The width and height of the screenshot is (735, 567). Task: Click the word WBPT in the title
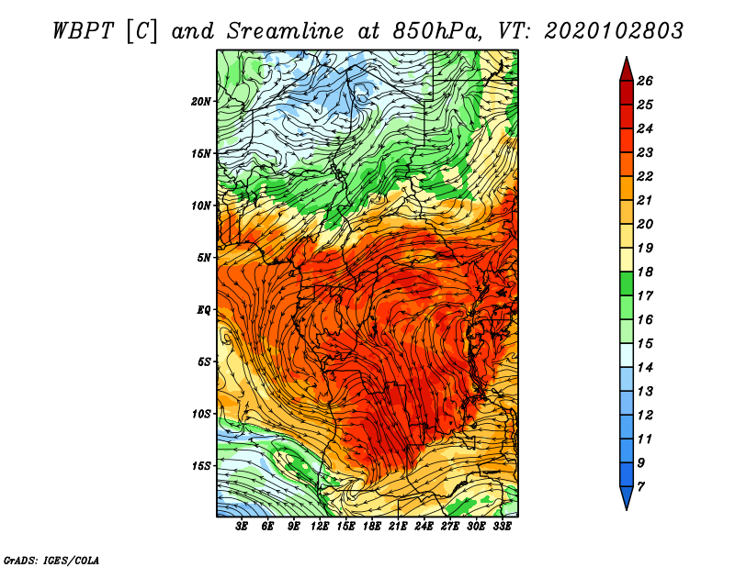click(83, 31)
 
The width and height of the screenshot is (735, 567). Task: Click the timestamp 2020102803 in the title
click(614, 31)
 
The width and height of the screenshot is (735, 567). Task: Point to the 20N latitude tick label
click(201, 102)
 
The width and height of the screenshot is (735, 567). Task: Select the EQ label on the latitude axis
click(203, 310)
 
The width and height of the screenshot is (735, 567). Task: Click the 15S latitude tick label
click(201, 466)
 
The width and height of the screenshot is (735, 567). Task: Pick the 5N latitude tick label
click(204, 258)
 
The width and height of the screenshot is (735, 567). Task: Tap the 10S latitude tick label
click(201, 415)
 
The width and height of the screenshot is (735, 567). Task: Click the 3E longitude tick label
click(242, 527)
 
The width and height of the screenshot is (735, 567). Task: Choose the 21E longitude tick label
click(398, 527)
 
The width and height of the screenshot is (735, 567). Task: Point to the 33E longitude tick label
click(502, 527)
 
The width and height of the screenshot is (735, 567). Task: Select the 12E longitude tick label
click(319, 527)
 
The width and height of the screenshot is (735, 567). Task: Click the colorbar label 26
click(645, 81)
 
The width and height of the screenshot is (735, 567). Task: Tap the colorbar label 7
click(641, 487)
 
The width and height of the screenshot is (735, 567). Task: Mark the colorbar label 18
click(645, 272)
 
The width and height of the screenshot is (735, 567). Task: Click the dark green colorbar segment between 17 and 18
click(627, 283)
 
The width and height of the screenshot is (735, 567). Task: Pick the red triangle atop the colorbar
click(627, 70)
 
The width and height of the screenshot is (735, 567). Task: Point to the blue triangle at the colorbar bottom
click(627, 498)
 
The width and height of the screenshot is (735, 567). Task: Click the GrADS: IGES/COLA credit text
click(51, 560)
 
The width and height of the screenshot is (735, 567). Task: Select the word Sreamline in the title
click(286, 31)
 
